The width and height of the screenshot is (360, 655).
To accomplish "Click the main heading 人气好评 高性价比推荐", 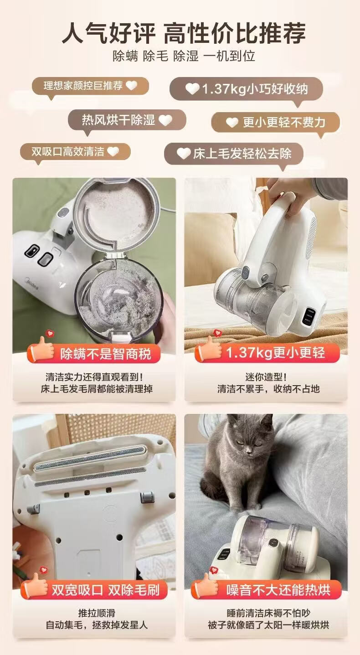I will click(x=183, y=32).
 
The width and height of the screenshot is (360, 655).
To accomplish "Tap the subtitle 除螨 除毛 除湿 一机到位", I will click(x=184, y=56).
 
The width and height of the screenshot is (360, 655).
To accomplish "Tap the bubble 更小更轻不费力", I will click(x=276, y=122).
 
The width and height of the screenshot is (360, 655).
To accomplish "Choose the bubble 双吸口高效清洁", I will click(x=75, y=151).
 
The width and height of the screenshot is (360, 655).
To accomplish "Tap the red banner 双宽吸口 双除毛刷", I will click(x=104, y=590).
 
